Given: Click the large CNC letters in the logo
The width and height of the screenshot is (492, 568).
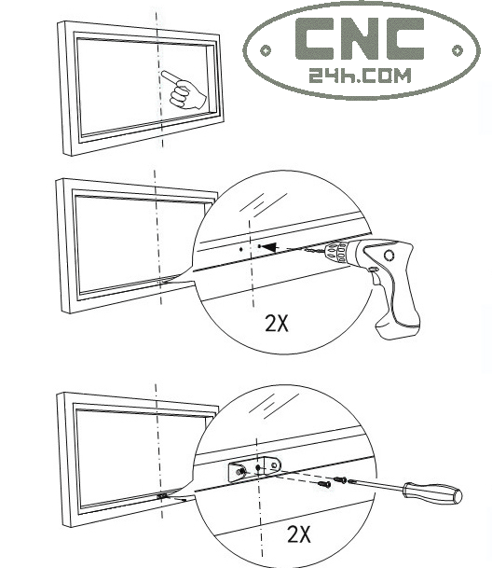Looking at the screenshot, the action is click(360, 38).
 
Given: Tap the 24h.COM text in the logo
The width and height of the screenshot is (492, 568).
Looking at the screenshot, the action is click(361, 76).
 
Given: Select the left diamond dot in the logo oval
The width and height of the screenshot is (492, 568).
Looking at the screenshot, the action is click(266, 50).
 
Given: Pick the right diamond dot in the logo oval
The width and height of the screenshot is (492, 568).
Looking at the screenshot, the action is click(458, 50).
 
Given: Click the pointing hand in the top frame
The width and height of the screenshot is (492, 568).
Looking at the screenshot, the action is click(184, 90).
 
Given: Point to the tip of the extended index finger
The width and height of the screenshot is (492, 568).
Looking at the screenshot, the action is click(163, 73).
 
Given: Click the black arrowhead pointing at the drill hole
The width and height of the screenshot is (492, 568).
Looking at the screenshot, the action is click(269, 247).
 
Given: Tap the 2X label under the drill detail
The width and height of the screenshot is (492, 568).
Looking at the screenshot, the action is click(277, 323).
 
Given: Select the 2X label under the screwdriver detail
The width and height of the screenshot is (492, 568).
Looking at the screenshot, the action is click(299, 534).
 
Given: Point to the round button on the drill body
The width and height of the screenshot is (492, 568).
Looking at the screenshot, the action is click(389, 256).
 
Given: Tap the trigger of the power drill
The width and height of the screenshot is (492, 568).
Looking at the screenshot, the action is click(373, 270).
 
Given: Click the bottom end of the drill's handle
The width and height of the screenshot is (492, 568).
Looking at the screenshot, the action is click(399, 331).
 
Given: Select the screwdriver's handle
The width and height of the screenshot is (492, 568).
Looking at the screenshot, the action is click(432, 492).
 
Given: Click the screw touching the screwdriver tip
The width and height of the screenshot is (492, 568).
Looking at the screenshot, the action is click(340, 480).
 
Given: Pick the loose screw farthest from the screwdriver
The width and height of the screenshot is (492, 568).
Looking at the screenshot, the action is click(324, 484).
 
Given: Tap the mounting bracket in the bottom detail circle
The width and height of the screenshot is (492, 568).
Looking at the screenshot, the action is click(254, 468).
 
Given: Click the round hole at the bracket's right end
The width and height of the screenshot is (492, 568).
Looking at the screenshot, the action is click(275, 464).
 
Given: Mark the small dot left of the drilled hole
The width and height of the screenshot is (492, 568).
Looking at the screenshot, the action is click(241, 249).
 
